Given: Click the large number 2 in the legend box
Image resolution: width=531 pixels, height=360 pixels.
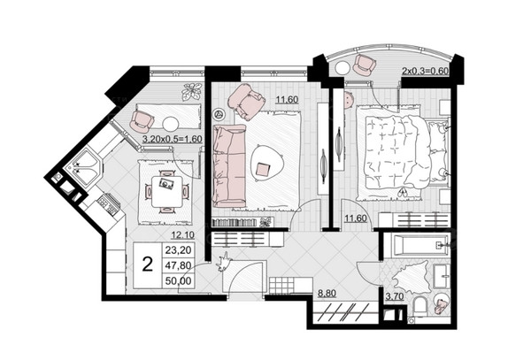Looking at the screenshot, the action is [x=147, y=264].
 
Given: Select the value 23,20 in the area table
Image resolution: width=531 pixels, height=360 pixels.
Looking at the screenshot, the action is [x=178, y=250].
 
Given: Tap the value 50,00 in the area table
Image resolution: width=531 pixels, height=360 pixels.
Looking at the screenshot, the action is [x=178, y=280].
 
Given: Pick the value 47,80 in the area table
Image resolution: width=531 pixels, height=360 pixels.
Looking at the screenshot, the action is [x=178, y=265].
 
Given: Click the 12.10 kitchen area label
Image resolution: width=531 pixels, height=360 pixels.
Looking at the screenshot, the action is [x=182, y=234].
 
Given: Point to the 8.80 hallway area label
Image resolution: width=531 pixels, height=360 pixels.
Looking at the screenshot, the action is [x=327, y=293].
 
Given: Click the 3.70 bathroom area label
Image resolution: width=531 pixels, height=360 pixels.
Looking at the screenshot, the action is [x=395, y=296].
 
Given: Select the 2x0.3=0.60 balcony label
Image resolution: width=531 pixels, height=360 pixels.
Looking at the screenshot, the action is [x=425, y=71].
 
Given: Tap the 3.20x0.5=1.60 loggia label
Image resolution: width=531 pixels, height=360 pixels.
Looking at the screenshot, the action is [x=173, y=139].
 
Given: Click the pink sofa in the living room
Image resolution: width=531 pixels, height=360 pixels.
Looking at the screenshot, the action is [x=229, y=165].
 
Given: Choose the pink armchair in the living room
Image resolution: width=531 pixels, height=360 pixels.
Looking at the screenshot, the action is [x=245, y=101].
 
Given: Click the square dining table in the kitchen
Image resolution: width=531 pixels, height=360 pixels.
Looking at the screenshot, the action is [x=166, y=191].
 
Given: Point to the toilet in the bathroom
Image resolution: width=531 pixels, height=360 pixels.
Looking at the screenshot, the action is [x=421, y=306].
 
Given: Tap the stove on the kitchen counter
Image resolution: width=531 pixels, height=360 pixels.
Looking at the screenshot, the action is [x=108, y=203].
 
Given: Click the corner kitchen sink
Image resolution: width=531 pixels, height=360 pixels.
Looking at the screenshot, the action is [x=84, y=167].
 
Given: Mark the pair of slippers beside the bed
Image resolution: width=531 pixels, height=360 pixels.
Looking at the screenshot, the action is [x=403, y=192].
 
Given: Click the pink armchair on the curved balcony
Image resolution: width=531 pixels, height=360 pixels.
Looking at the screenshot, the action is [x=365, y=65].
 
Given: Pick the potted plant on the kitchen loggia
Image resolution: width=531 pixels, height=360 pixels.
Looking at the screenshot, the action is [x=191, y=91].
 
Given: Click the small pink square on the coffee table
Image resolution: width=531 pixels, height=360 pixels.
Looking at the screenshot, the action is [x=263, y=169].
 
